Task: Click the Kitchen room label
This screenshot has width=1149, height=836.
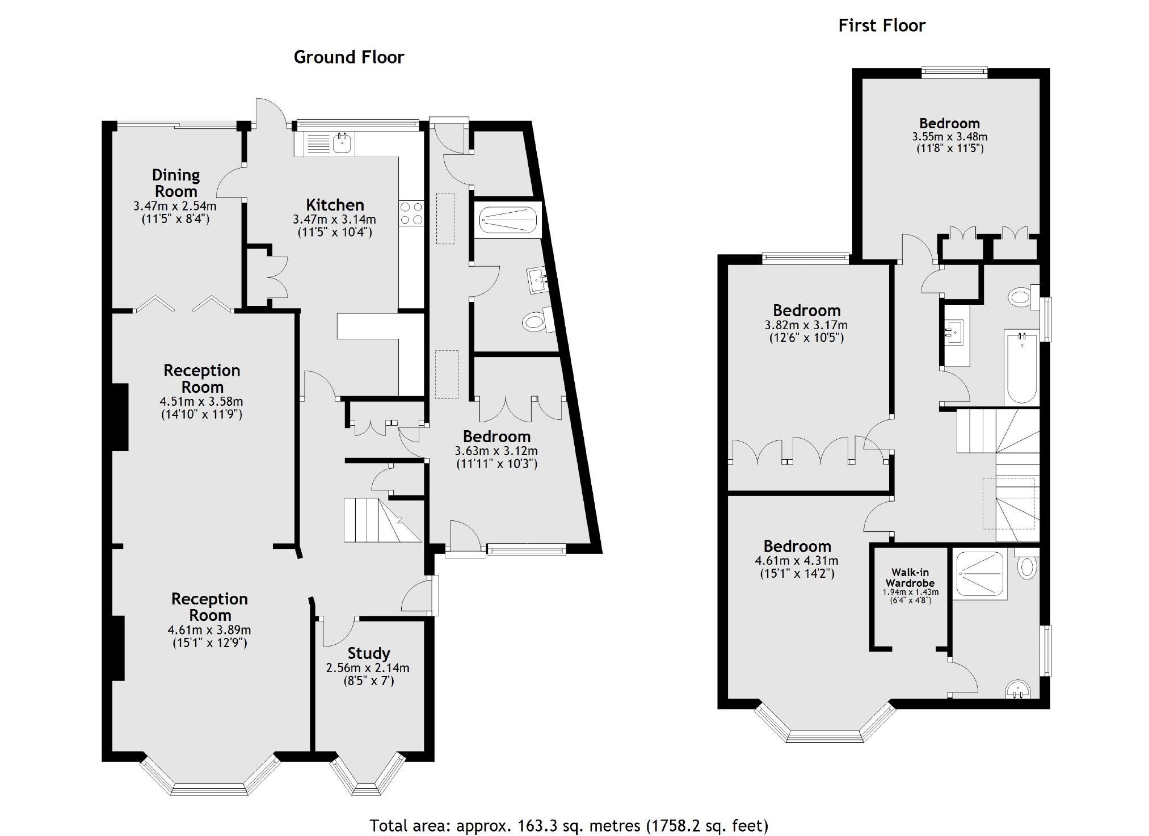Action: (335, 205)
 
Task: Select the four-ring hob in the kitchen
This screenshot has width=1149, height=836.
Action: (411, 213)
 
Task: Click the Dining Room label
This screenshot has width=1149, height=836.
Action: (176, 183)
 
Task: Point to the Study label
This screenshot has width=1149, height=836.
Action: (368, 653)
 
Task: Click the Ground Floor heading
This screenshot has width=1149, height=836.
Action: (348, 57)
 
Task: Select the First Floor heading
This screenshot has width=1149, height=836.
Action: (881, 26)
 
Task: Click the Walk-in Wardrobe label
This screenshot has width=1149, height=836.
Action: (910, 578)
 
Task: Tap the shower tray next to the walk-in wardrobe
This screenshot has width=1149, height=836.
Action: (980, 574)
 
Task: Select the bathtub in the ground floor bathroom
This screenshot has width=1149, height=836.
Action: (507, 220)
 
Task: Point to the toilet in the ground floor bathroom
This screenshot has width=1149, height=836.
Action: (534, 323)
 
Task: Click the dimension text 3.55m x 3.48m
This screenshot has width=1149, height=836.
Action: (949, 137)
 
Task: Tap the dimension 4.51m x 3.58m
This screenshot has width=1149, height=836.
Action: (201, 402)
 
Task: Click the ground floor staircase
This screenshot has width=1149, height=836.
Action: (374, 520)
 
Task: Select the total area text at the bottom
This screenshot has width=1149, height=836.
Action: (569, 825)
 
